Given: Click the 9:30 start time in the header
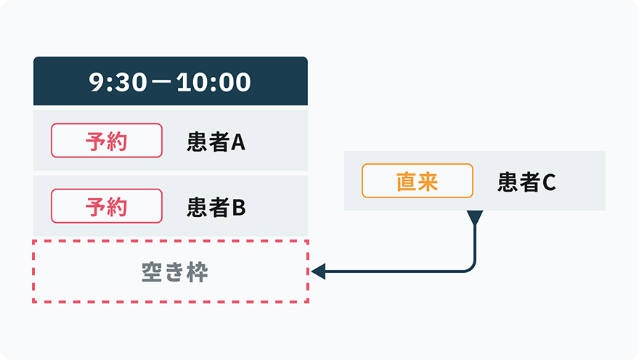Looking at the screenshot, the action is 118,82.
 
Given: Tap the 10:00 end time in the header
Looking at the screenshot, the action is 213,82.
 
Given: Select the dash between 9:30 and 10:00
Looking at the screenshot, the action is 162,82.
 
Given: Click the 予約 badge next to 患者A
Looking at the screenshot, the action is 107,141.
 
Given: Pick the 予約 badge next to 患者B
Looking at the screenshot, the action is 107,206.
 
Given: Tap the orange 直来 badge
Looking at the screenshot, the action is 418,181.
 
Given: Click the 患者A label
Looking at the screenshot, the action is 216,142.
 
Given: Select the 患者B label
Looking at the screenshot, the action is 216,208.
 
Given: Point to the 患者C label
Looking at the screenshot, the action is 526,181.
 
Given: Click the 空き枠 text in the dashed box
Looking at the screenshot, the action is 175,272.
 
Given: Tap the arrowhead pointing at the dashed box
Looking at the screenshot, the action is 318,271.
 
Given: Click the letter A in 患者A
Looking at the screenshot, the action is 238,142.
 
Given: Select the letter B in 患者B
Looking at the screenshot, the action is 239,208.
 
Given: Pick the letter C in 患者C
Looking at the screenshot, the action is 550,182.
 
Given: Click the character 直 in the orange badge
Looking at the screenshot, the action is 407,181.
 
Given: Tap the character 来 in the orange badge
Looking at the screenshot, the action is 428,181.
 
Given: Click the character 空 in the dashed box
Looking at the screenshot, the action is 152,272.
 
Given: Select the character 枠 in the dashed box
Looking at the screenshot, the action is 198,272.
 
